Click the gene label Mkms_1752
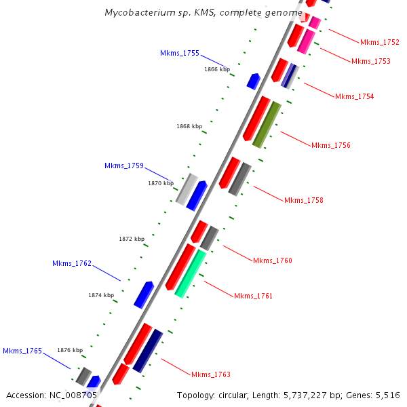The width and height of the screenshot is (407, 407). click(379, 42)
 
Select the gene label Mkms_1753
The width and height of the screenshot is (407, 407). click(370, 61)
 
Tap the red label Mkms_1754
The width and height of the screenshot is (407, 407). click(354, 96)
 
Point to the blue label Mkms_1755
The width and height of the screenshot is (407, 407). click(180, 53)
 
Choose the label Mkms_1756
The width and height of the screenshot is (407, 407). click(330, 145)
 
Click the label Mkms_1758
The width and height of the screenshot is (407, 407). click(303, 200)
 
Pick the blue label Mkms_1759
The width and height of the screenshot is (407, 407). click(123, 166)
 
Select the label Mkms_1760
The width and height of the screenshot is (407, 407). click(272, 260)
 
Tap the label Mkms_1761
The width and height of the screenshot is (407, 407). click(253, 296)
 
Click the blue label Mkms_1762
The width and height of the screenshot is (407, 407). click(72, 263)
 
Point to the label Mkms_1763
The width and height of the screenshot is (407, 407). click(210, 374)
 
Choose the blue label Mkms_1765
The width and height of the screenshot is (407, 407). click(22, 351)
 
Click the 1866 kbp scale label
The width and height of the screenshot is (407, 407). click(217, 69)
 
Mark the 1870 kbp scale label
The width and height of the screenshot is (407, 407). click(161, 183)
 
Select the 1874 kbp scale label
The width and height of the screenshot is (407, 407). click(101, 295)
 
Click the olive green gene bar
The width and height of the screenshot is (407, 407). click(267, 124)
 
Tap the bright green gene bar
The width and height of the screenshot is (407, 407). click(190, 273)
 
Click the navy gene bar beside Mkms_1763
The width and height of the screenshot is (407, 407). click(147, 351)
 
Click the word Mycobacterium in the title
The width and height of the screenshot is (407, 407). click(138, 13)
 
